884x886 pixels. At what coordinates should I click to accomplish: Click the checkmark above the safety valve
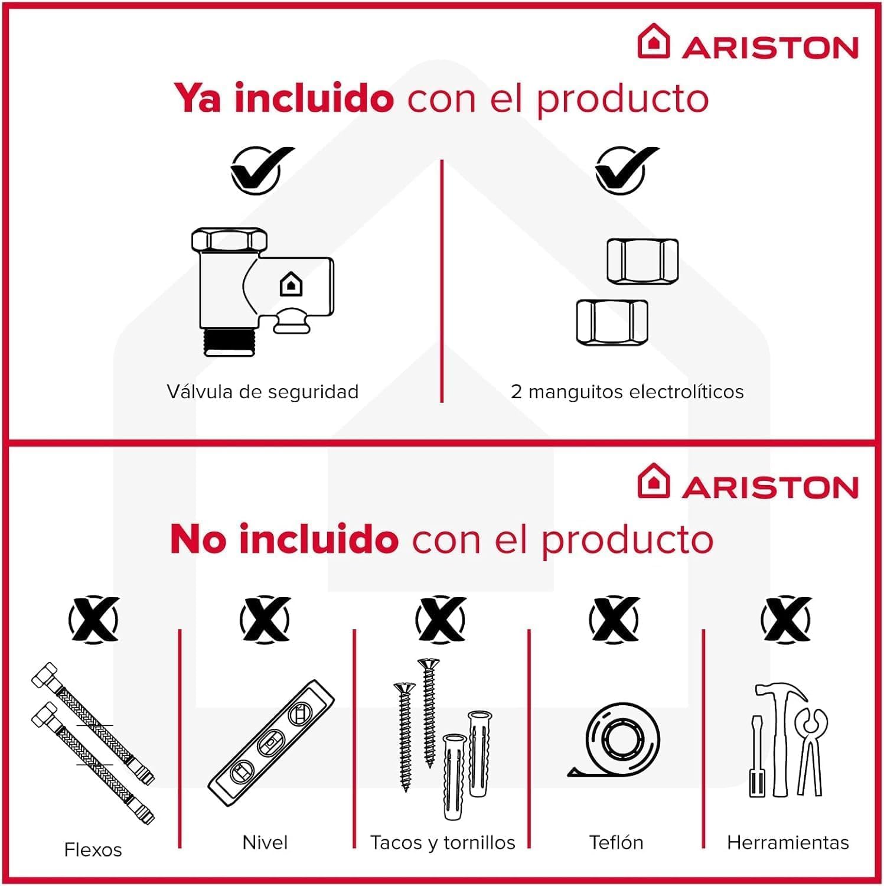[259, 170]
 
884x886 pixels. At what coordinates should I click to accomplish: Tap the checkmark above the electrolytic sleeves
[624, 170]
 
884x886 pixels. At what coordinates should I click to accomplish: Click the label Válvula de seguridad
[262, 392]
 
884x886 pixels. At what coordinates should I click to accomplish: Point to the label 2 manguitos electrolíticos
[627, 392]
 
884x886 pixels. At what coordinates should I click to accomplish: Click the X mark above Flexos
[93, 619]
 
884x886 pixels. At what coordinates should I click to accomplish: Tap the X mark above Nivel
[265, 619]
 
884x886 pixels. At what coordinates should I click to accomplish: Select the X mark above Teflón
[614, 619]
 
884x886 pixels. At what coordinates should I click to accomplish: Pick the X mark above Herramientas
[785, 619]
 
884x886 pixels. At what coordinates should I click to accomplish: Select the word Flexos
[93, 849]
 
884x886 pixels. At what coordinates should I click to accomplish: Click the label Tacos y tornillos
[442, 842]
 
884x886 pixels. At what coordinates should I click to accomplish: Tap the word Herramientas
[787, 842]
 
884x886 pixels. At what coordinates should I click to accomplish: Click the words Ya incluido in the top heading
[284, 98]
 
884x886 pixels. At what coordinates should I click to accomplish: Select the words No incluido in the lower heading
[284, 539]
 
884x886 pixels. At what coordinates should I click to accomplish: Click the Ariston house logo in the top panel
[653, 41]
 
